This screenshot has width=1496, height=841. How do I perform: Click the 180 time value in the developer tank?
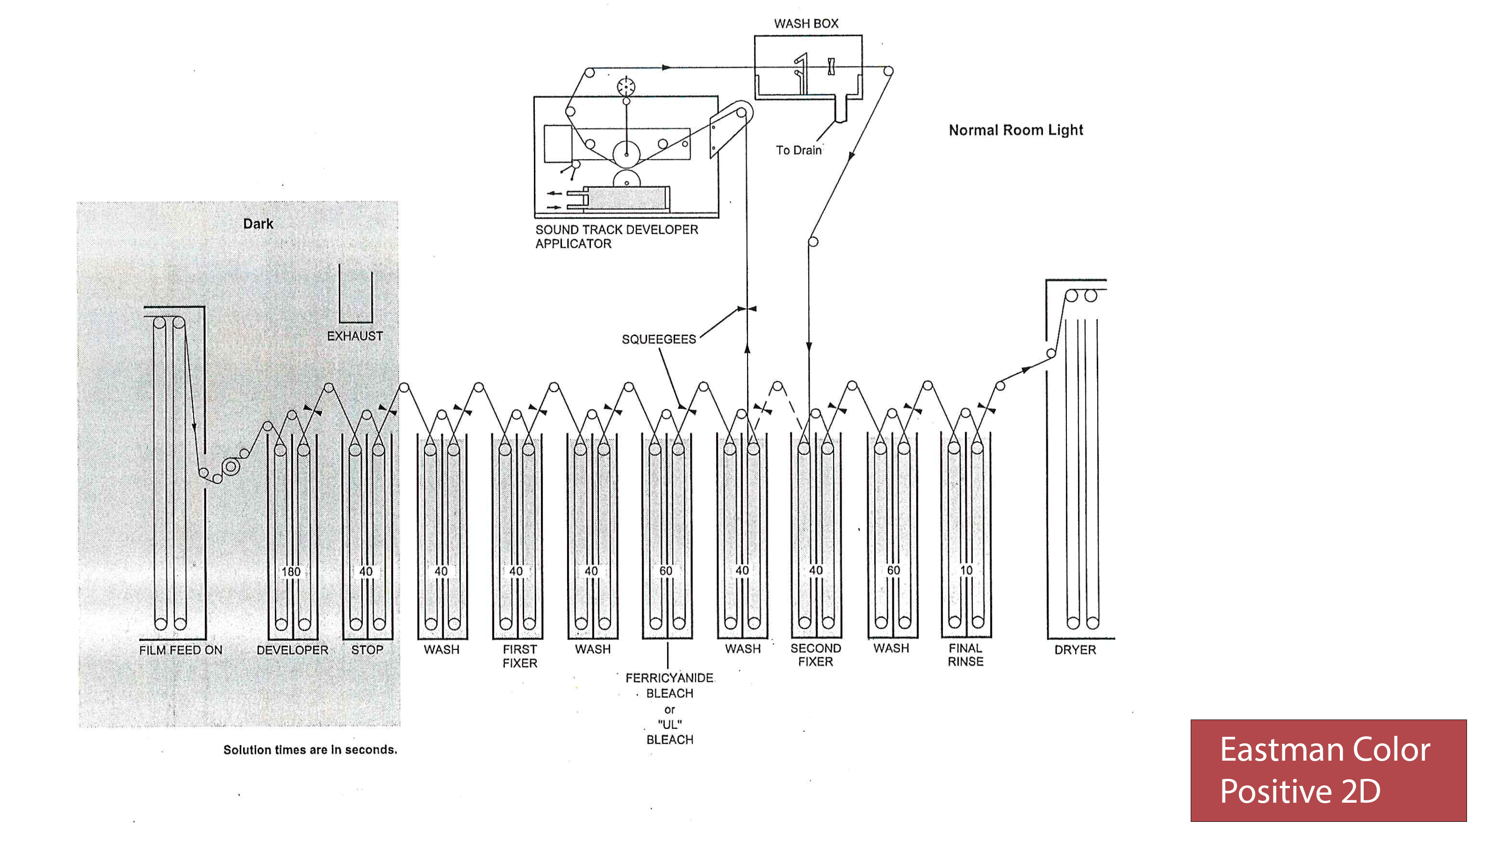291,572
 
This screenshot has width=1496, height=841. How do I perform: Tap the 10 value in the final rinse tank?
966,570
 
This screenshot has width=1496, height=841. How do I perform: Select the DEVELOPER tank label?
292,650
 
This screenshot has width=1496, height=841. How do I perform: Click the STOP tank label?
367,650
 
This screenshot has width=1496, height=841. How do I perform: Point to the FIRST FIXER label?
520,656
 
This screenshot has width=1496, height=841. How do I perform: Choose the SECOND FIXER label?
815,655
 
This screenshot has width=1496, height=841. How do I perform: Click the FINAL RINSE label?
965,655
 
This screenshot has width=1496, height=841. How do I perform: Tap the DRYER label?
1075,650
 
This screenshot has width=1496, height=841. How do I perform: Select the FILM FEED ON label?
180,650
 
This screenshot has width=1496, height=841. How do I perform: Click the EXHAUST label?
355,336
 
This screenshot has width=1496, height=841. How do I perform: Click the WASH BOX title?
806,24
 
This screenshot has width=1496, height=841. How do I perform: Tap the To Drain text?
798,150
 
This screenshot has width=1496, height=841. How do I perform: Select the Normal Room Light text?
1016,130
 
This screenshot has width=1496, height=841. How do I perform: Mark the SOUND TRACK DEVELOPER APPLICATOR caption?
616,237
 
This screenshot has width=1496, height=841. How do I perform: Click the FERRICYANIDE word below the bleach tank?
669,678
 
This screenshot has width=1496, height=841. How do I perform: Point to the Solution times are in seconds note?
310,750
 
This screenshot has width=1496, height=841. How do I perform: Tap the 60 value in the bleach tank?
666,571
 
